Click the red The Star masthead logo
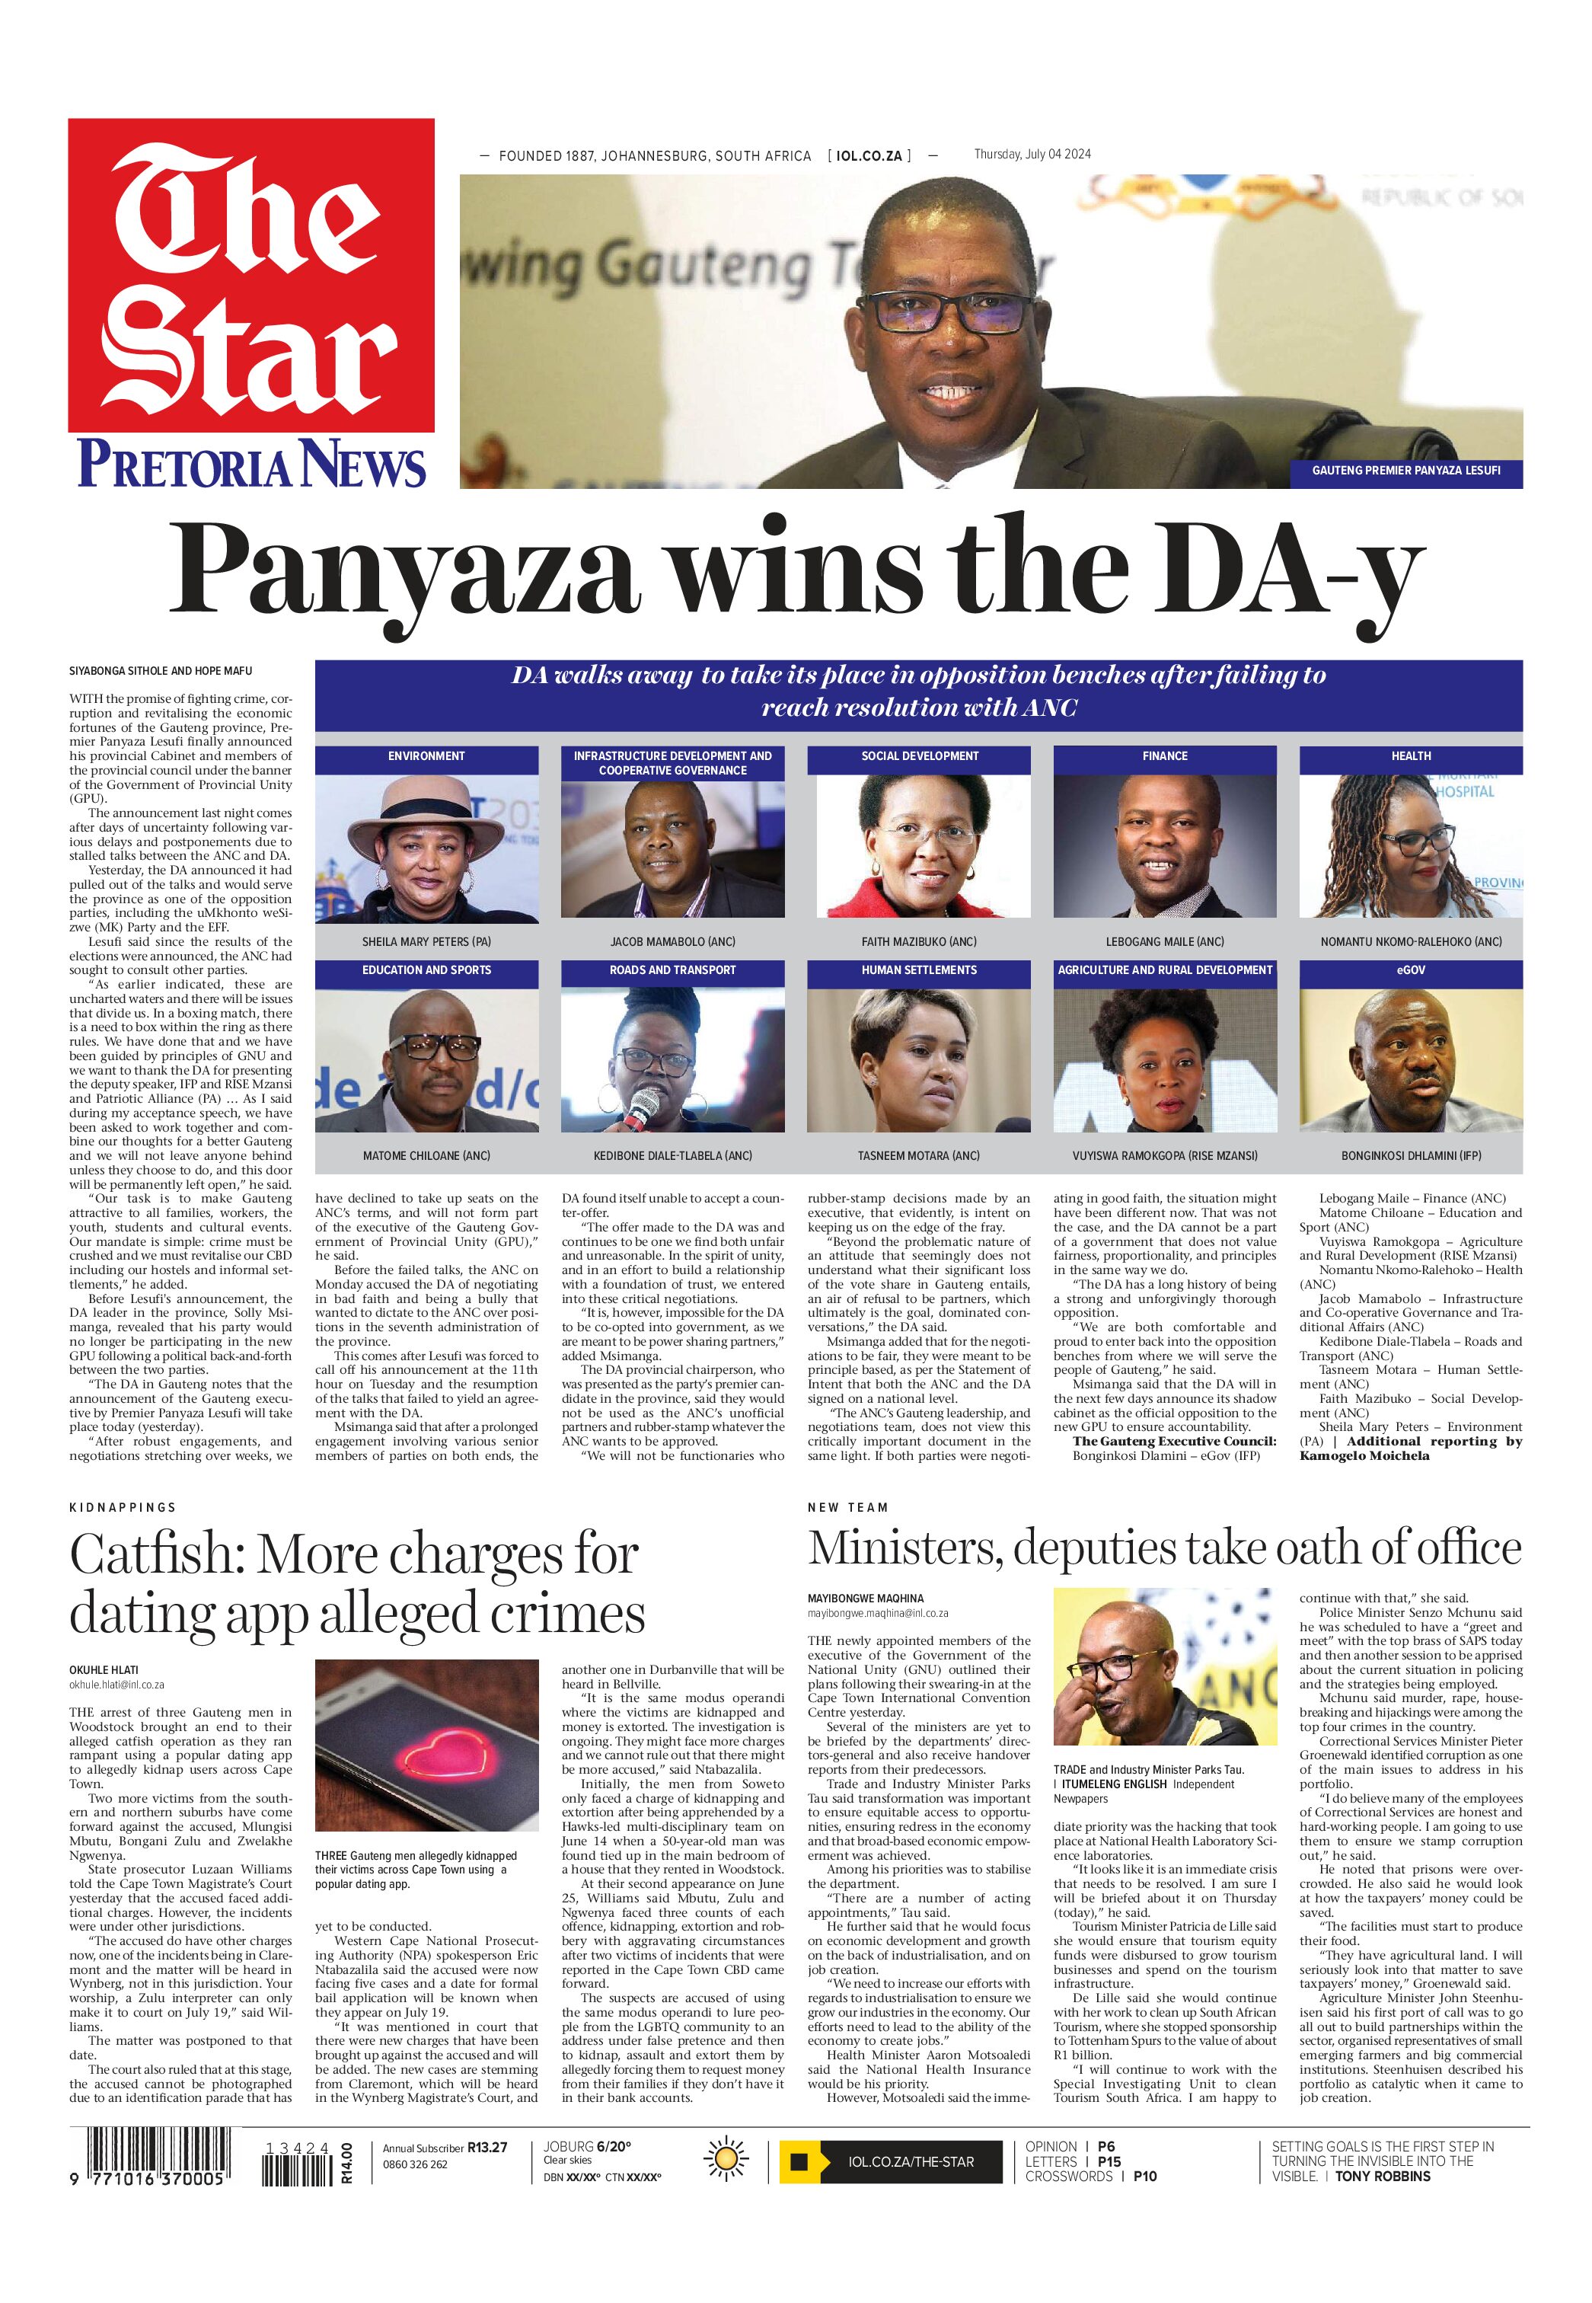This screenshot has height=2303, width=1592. [250, 274]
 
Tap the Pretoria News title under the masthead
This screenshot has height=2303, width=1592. [251, 465]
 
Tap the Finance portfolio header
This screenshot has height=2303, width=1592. [1164, 756]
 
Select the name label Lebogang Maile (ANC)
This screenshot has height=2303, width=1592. [1164, 942]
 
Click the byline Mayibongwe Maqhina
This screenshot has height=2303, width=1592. [865, 1599]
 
